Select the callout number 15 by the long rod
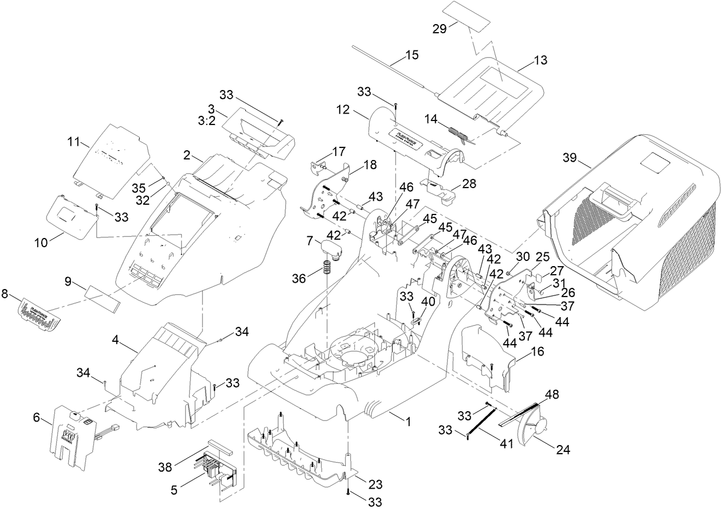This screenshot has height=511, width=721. click(412, 56)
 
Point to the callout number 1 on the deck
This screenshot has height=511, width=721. click(408, 422)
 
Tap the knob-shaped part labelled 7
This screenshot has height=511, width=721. click(331, 249)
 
